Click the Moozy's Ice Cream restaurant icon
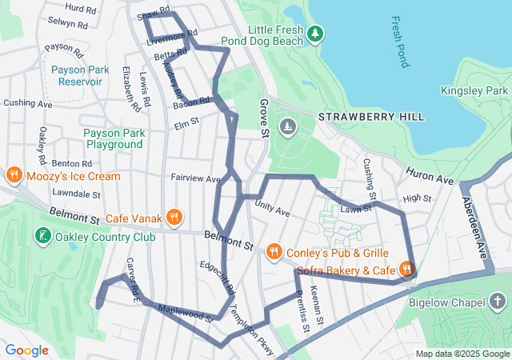point(14,175)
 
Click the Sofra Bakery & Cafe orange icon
point(407,270)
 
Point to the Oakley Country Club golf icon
point(42,236)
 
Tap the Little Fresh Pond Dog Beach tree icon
point(317,33)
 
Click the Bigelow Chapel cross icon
point(498,302)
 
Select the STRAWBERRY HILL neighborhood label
point(371,117)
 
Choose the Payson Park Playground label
point(114,138)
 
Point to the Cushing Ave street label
point(27,103)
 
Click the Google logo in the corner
point(27,350)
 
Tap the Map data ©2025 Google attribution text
point(463,354)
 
